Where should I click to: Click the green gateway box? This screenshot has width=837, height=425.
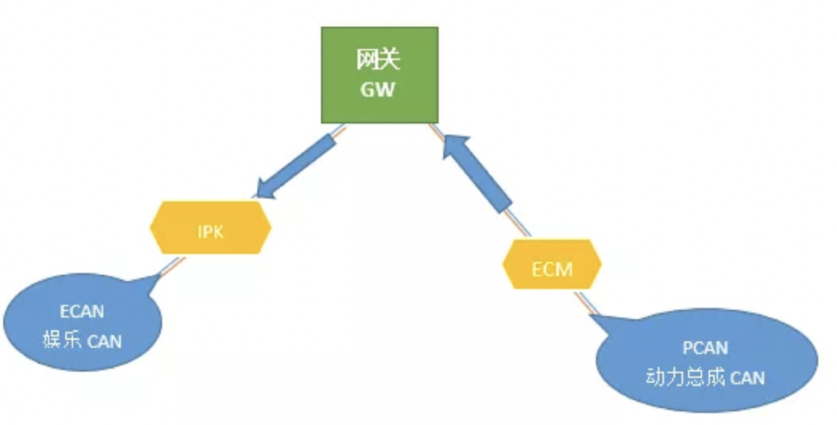(379, 75)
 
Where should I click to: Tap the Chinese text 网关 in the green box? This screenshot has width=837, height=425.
(378, 60)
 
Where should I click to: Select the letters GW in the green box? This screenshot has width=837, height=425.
(377, 89)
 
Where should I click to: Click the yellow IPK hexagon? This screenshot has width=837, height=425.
(210, 227)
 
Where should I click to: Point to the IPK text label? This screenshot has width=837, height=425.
(210, 232)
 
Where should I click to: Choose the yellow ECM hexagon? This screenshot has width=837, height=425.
(551, 264)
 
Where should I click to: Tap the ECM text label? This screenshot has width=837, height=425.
(552, 269)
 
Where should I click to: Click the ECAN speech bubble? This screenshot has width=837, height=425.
(82, 322)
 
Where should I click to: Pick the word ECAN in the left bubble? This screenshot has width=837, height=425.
(82, 312)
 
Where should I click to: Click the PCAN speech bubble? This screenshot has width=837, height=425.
(706, 361)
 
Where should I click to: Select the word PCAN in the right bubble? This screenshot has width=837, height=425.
(705, 348)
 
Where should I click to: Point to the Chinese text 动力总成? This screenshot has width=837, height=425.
(685, 377)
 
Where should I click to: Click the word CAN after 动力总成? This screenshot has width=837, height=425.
(748, 378)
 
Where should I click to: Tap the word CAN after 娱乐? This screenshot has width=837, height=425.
(104, 342)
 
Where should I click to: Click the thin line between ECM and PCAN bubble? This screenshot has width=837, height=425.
(585, 302)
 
